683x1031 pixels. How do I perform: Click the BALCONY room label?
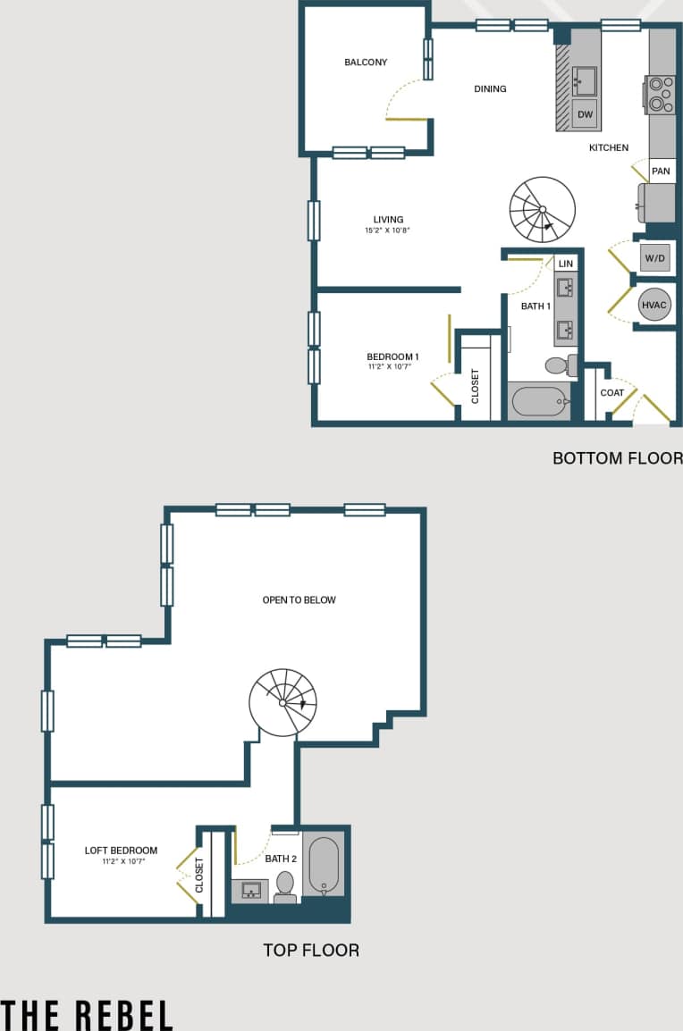coord(366,63)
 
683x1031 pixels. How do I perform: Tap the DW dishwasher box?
coord(585,114)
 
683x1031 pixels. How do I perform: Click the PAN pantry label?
coord(661,172)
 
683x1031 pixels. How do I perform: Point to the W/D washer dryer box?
coord(654,259)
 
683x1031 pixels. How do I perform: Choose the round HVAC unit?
coord(654,306)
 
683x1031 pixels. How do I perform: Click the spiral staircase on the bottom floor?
coord(542,209)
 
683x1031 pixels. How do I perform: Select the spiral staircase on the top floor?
coord(282,702)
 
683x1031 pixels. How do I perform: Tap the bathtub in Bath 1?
coord(540,402)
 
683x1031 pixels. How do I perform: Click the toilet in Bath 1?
coord(558,365)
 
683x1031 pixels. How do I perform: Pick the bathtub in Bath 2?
coord(324,865)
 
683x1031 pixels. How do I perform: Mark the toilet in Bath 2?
coord(285,885)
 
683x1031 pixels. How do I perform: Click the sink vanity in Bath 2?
coord(250,891)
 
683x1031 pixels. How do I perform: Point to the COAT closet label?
coord(612,393)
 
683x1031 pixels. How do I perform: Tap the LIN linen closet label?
coord(565,264)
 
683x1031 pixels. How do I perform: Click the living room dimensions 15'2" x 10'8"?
coord(388,231)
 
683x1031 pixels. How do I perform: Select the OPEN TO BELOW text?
coord(299,600)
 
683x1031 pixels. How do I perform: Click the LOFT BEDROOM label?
coord(121,851)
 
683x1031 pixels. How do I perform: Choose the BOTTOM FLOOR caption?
coord(617,458)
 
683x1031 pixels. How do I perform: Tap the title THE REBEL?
coord(87,1015)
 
